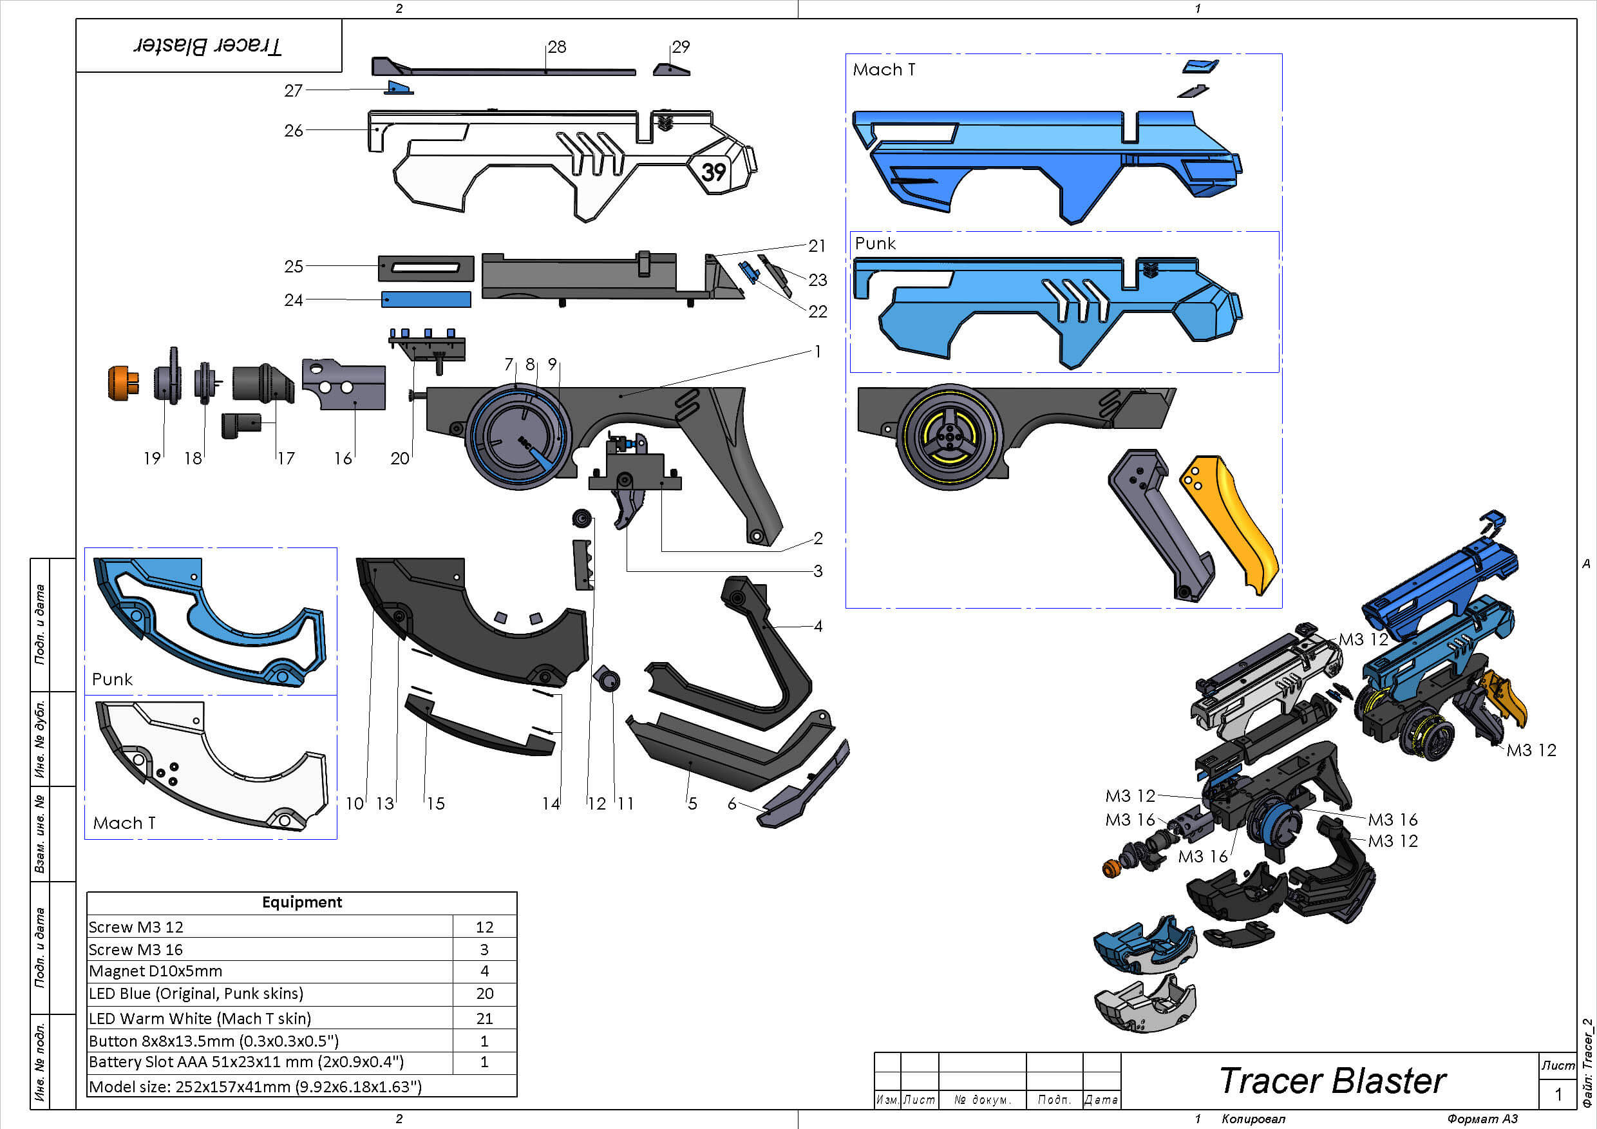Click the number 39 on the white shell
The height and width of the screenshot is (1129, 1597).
coord(713,171)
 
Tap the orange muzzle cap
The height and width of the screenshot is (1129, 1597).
coord(122,383)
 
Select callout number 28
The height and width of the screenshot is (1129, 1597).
coord(556,46)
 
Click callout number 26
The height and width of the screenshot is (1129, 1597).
coord(294,130)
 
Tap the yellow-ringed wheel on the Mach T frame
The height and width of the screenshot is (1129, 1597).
coord(949,437)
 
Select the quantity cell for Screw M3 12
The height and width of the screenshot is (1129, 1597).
coord(484,927)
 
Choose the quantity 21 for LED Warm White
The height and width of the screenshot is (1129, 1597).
coord(484,1018)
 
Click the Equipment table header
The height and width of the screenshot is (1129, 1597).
coord(301,902)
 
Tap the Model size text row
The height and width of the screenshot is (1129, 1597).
coord(254,1086)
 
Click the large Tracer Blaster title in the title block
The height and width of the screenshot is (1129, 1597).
coord(1332,1081)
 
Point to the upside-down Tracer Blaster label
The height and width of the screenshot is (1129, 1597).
coord(208,46)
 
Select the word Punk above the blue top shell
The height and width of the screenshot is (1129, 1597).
coord(874,243)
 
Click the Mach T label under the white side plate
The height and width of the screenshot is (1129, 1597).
coord(124,823)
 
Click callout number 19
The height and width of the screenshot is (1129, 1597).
coord(151,458)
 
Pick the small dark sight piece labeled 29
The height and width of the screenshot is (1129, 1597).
coord(671,70)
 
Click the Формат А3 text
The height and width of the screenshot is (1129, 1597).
coord(1482,1119)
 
